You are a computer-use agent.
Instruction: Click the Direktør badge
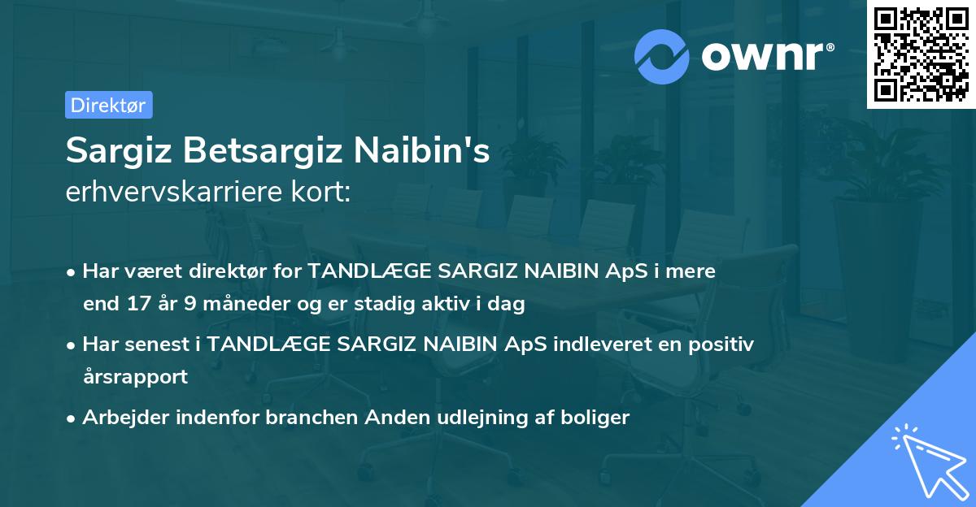(108, 105)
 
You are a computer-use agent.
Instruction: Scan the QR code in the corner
(921, 54)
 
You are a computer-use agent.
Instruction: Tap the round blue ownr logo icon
(662, 54)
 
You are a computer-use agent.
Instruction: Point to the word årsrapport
(135, 377)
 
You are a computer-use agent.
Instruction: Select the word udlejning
(474, 418)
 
